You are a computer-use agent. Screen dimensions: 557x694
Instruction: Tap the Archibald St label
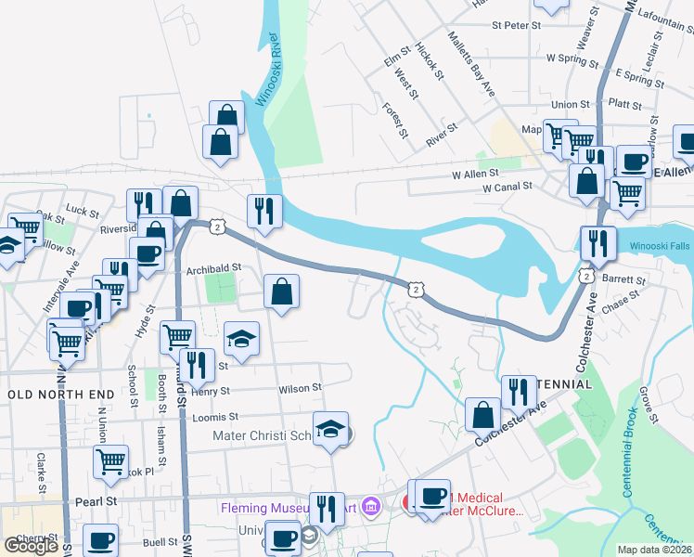(213, 268)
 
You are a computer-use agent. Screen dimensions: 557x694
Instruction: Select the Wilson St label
(300, 387)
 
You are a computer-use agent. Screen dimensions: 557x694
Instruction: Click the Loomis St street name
(215, 417)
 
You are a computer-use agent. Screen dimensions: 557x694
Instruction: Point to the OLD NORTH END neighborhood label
(61, 395)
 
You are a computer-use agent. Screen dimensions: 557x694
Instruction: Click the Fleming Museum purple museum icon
(372, 507)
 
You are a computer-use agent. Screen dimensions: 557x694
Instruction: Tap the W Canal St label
(507, 187)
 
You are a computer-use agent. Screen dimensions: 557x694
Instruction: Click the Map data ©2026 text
(653, 550)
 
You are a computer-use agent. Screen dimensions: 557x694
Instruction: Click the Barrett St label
(623, 278)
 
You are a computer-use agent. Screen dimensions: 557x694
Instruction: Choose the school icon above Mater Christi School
(330, 428)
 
